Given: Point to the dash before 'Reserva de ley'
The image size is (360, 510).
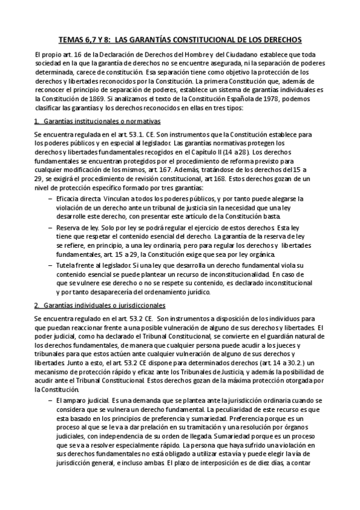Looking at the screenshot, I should tap(49, 229).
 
